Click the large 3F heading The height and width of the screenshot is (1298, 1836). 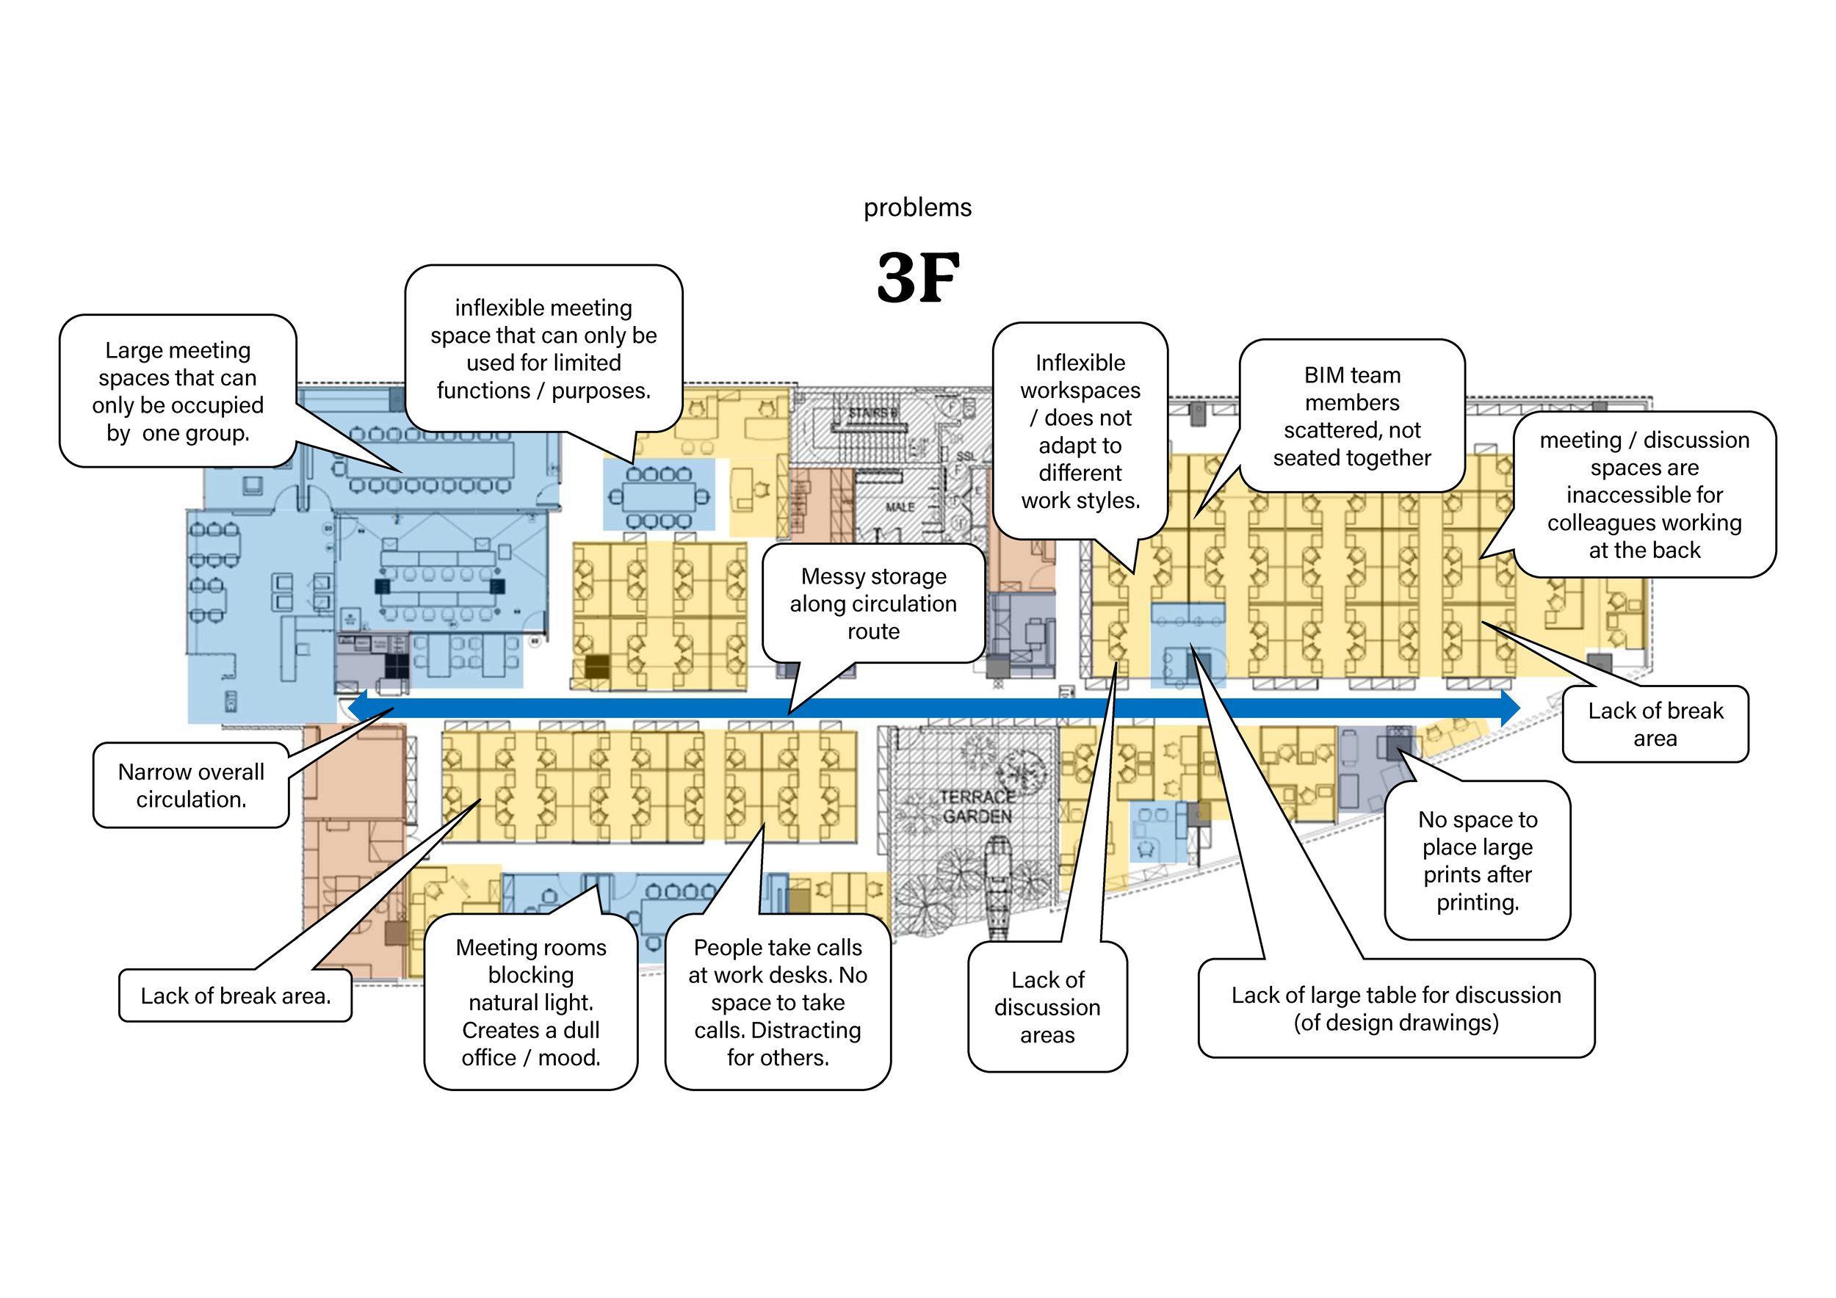[918, 278]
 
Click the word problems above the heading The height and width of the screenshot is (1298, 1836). [917, 208]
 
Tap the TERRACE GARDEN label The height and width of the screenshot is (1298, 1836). [976, 806]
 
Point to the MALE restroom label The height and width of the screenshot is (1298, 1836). [900, 507]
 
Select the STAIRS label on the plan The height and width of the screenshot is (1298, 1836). [872, 413]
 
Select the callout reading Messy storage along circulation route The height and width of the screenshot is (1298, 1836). [873, 603]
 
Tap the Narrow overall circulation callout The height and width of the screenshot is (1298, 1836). [191, 785]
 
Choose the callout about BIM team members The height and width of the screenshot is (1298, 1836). [1351, 416]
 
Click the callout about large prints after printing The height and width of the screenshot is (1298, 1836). [1477, 860]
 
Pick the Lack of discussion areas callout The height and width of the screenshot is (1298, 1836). [1047, 1007]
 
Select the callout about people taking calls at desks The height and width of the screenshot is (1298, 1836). [777, 1001]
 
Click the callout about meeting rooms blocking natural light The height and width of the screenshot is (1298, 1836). [531, 1001]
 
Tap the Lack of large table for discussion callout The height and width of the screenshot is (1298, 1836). [1395, 1008]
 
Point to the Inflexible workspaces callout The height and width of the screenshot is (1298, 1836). [1080, 431]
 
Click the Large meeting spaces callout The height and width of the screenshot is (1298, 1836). [178, 391]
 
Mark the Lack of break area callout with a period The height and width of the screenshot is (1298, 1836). [235, 995]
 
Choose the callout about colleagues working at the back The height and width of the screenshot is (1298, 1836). [1644, 494]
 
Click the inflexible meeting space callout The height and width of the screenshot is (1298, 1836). [543, 349]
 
